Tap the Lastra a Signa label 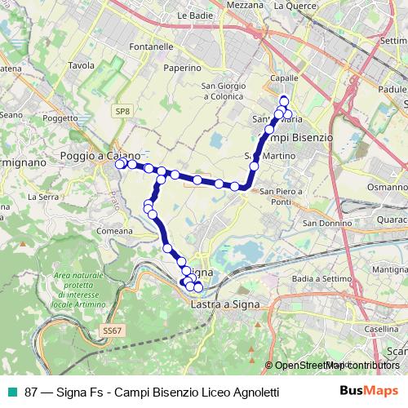pyautogui.click(x=224, y=304)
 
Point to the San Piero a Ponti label pyautogui.click(x=282, y=197)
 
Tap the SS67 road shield pyautogui.click(x=112, y=330)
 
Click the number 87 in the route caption pyautogui.click(x=31, y=392)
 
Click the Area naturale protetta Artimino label pyautogui.click(x=78, y=290)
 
